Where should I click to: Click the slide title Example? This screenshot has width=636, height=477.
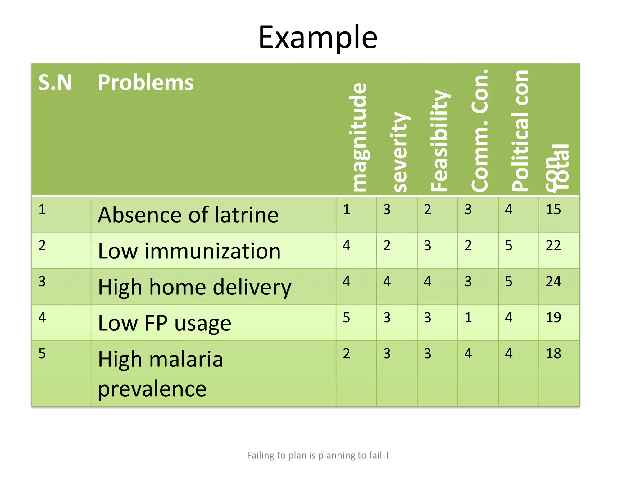318,38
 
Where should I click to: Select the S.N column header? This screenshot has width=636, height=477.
55,83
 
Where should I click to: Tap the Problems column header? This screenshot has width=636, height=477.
145,83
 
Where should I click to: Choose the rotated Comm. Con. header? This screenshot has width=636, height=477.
480,130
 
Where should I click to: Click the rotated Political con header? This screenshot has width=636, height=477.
520,130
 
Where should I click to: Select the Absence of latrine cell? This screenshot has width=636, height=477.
188,215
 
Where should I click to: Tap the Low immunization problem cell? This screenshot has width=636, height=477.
189,251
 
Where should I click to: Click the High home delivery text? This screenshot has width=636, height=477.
194,287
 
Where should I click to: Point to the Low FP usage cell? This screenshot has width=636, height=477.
165,323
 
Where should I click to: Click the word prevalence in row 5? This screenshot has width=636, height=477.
152,388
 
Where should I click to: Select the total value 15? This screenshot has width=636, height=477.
553,210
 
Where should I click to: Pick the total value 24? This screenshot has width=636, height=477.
553,282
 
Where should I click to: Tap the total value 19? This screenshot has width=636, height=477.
553,318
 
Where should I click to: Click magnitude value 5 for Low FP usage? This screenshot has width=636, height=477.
346,318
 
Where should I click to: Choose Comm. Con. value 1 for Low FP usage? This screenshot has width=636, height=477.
468,318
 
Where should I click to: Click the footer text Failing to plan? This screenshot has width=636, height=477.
318,455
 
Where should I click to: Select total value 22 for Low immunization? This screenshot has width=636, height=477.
553,246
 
